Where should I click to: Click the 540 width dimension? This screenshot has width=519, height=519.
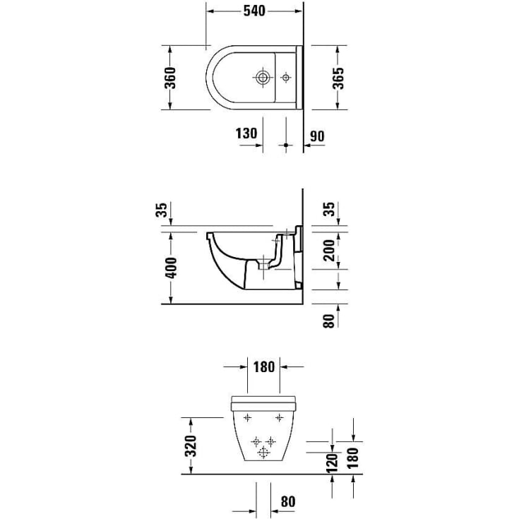255,12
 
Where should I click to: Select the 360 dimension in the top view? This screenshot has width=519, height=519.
169,78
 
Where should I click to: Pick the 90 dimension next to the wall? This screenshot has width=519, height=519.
316,136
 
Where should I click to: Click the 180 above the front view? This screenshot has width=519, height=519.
263,367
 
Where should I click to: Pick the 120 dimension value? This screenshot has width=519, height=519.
332,463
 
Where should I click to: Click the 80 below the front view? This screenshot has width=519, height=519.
287,502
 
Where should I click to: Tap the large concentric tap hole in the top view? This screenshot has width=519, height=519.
263,77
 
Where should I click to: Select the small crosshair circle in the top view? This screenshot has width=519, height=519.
286,77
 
